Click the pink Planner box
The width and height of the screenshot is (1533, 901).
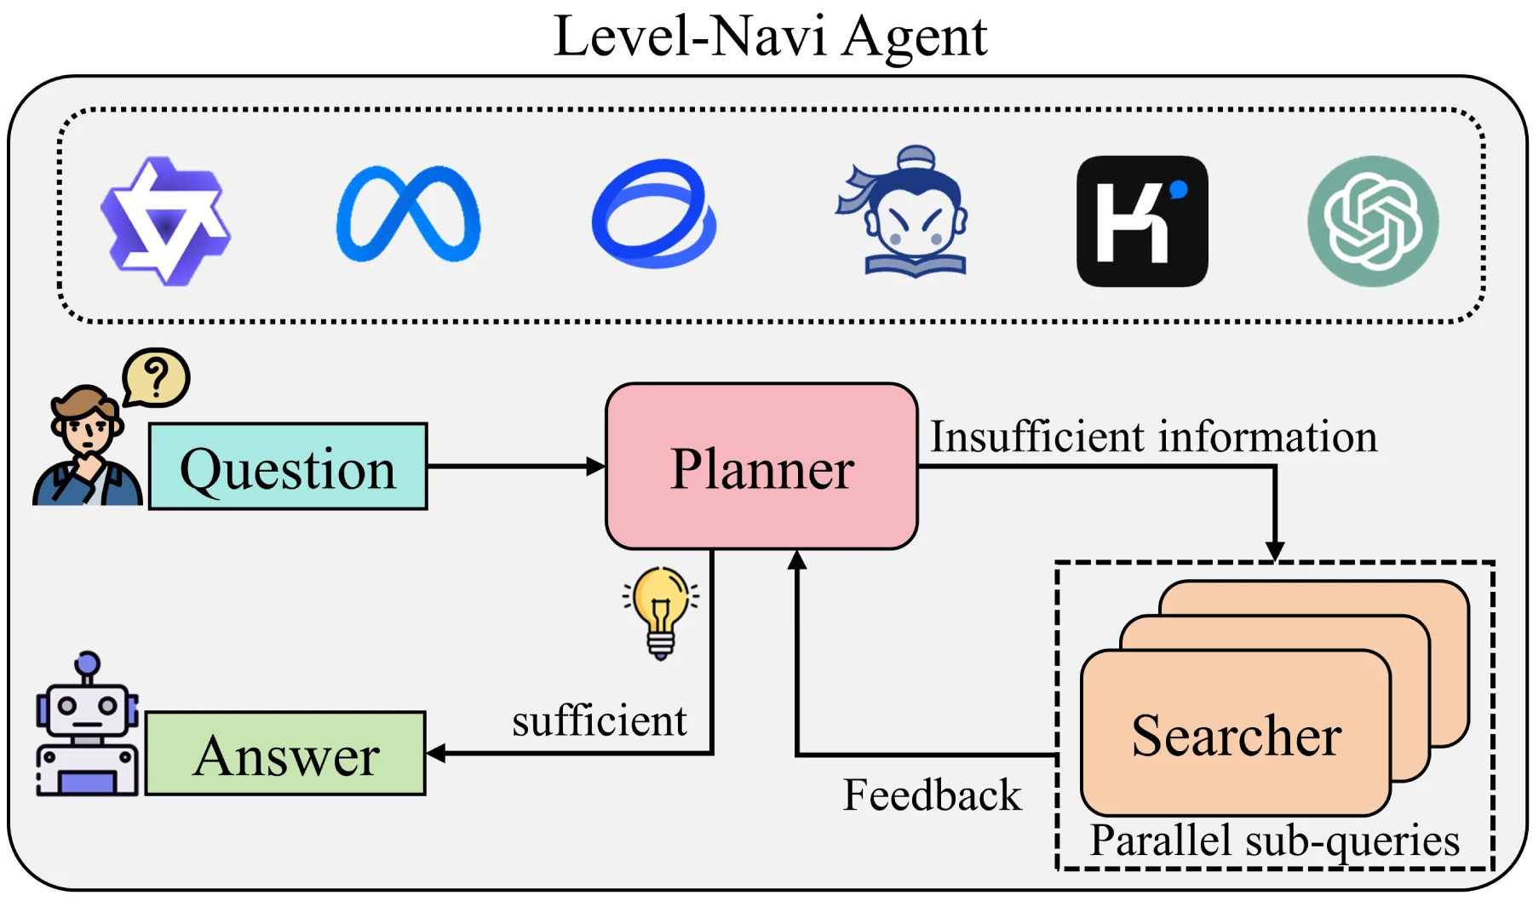click(761, 467)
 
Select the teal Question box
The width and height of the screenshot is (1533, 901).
click(288, 467)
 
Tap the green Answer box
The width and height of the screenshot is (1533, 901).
click(285, 754)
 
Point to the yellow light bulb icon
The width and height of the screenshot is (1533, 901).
click(661, 611)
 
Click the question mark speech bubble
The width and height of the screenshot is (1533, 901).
click(156, 376)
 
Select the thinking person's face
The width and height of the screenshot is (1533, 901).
click(85, 426)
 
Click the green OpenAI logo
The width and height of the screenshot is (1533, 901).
click(1373, 221)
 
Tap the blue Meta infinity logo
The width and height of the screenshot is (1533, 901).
click(408, 214)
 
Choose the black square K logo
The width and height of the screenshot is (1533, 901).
click(1141, 221)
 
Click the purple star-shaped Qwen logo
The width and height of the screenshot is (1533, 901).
click(166, 221)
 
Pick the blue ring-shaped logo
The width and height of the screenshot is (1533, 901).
click(653, 213)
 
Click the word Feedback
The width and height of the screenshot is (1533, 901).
click(932, 795)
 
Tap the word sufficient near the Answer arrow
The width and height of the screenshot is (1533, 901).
click(599, 720)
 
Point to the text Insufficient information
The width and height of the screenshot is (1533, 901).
click(1152, 436)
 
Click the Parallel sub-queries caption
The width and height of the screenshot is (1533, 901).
click(1274, 841)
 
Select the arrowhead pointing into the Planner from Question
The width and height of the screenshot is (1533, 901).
click(596, 466)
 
